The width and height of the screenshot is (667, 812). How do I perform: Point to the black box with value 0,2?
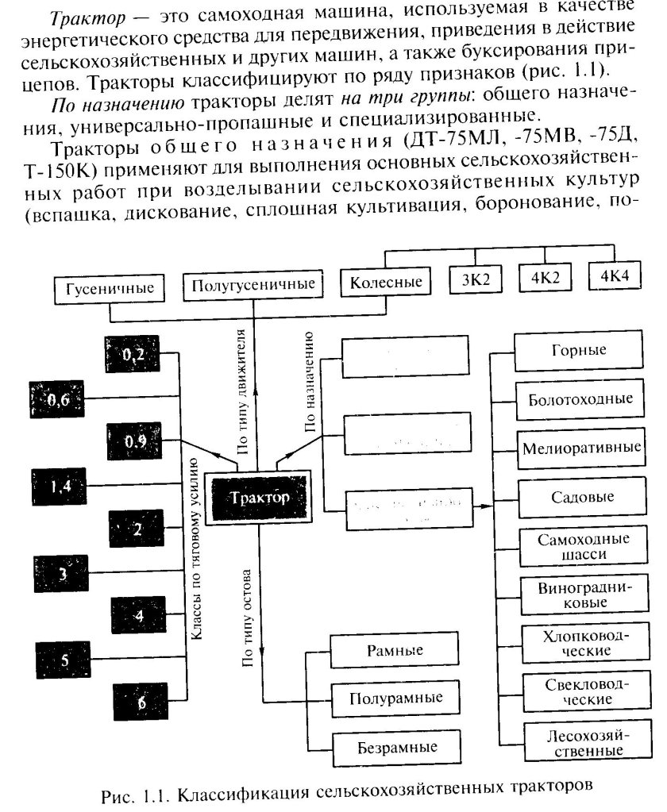click(132, 354)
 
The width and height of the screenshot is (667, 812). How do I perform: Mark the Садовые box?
click(577, 498)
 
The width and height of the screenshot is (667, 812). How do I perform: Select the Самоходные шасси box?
click(577, 546)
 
